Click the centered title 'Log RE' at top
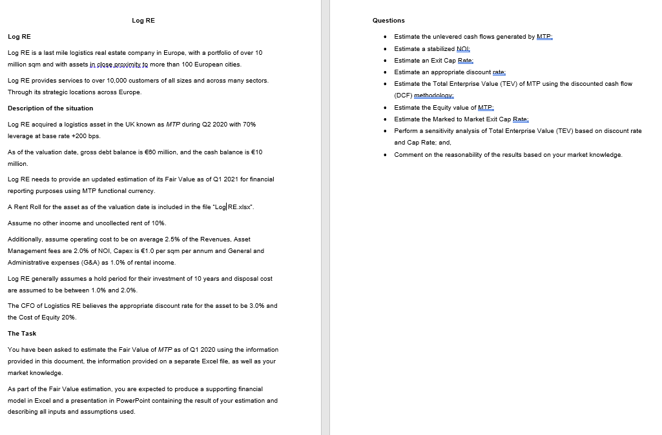[143, 21]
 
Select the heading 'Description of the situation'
[50, 108]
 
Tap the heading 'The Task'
[22, 333]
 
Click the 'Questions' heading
[389, 21]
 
